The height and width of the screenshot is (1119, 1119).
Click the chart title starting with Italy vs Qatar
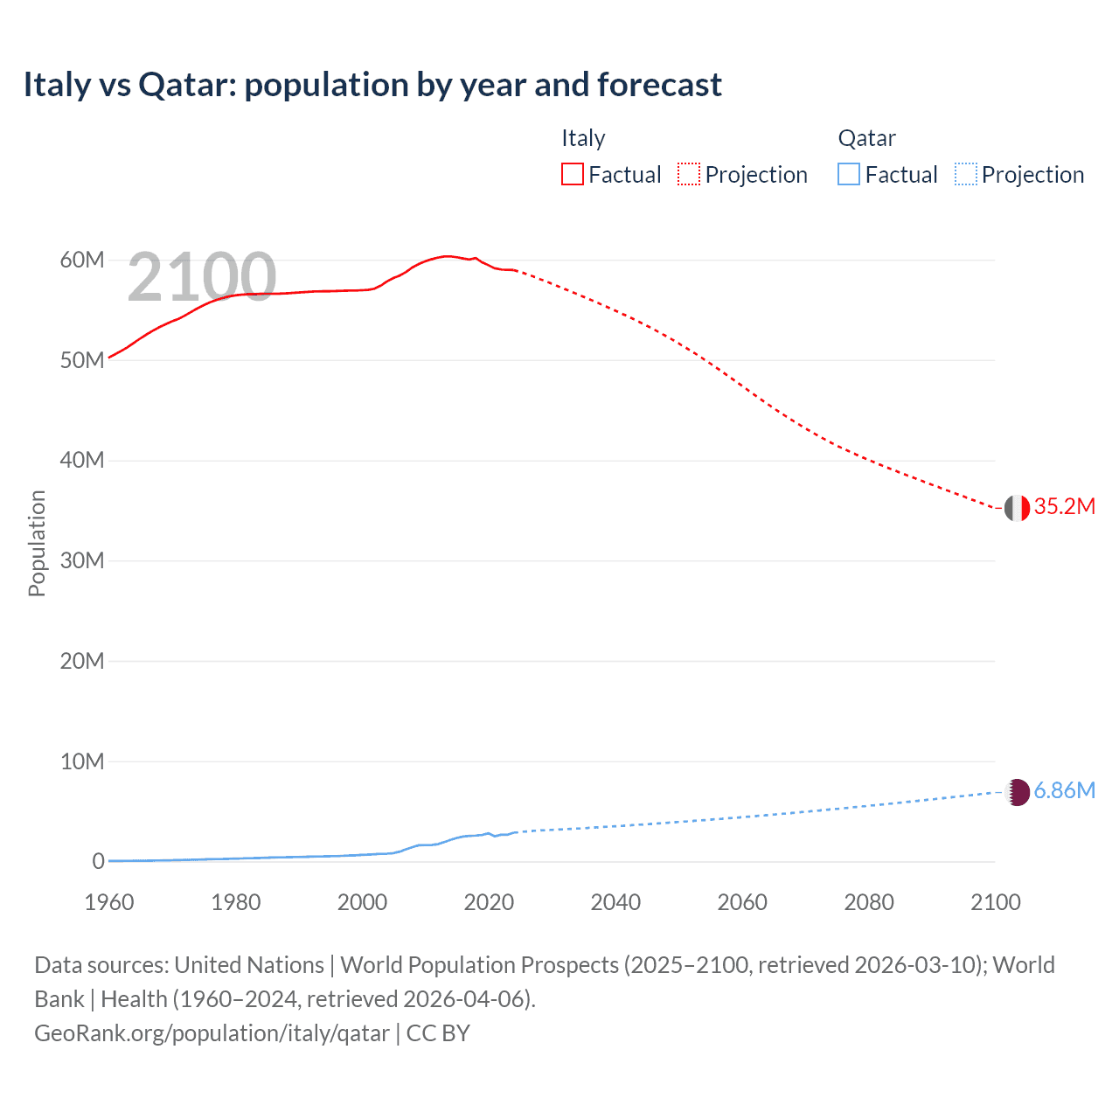click(x=372, y=85)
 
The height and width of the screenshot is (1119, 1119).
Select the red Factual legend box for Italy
click(x=572, y=175)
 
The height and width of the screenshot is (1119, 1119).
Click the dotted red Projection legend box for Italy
click(x=689, y=175)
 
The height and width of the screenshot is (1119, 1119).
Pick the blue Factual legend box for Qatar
click(x=849, y=175)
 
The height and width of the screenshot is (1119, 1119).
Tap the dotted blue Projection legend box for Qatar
click(x=966, y=175)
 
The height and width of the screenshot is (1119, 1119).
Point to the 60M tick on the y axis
click(x=82, y=260)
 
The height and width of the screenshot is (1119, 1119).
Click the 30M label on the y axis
click(x=82, y=560)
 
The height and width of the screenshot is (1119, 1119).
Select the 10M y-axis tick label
click(x=82, y=761)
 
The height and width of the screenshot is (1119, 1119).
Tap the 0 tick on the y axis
click(x=98, y=861)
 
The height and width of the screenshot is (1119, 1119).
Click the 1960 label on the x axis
click(x=109, y=902)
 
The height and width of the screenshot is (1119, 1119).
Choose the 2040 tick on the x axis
click(x=615, y=902)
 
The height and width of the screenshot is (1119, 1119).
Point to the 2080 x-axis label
click(x=869, y=902)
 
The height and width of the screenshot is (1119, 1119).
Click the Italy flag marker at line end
click(x=1017, y=508)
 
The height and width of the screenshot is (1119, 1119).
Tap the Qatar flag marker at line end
click(x=1017, y=792)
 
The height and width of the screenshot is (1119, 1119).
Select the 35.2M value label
click(x=1065, y=507)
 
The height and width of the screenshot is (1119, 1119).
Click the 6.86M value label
click(x=1065, y=791)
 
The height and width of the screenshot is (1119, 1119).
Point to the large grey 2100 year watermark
click(x=202, y=277)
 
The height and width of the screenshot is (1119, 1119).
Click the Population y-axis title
click(x=37, y=543)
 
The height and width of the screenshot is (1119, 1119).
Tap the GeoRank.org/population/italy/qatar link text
click(x=212, y=1033)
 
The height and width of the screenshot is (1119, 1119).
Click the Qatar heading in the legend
click(x=866, y=138)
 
